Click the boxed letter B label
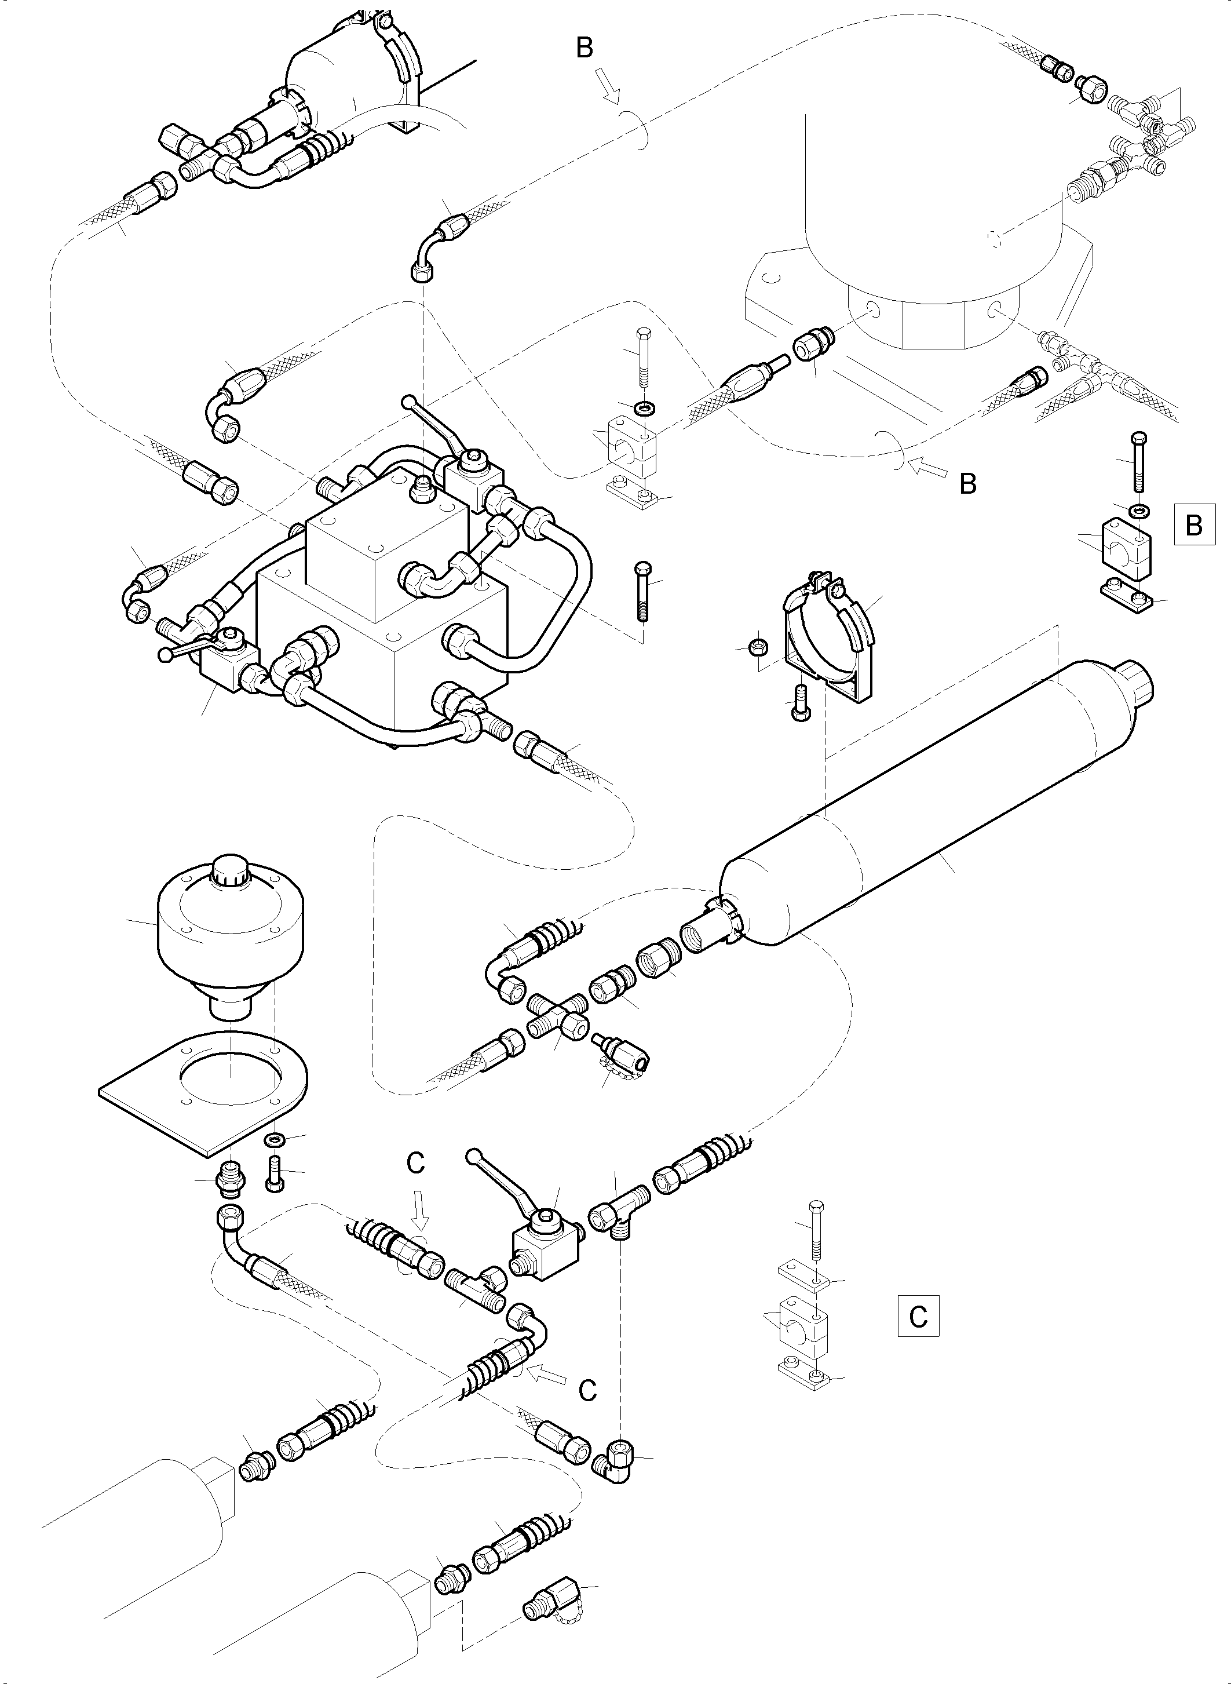(x=1194, y=525)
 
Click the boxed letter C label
(x=918, y=1317)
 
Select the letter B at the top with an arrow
(x=585, y=49)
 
